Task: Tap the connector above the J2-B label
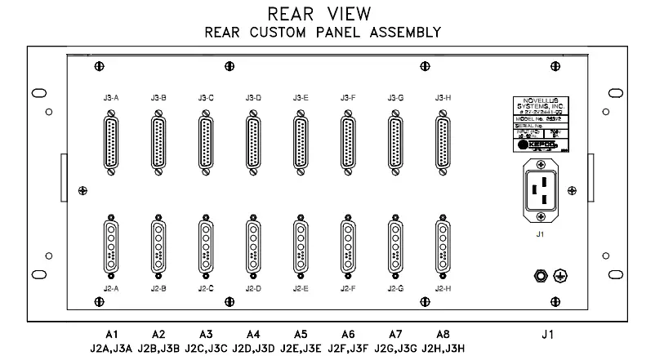point(158,243)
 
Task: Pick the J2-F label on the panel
point(349,288)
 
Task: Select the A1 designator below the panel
point(112,334)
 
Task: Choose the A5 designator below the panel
point(301,334)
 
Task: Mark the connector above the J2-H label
point(443,243)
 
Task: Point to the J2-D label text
point(253,288)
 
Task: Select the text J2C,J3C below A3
point(207,349)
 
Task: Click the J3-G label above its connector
point(396,98)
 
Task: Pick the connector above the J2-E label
point(301,243)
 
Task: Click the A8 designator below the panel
point(443,334)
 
